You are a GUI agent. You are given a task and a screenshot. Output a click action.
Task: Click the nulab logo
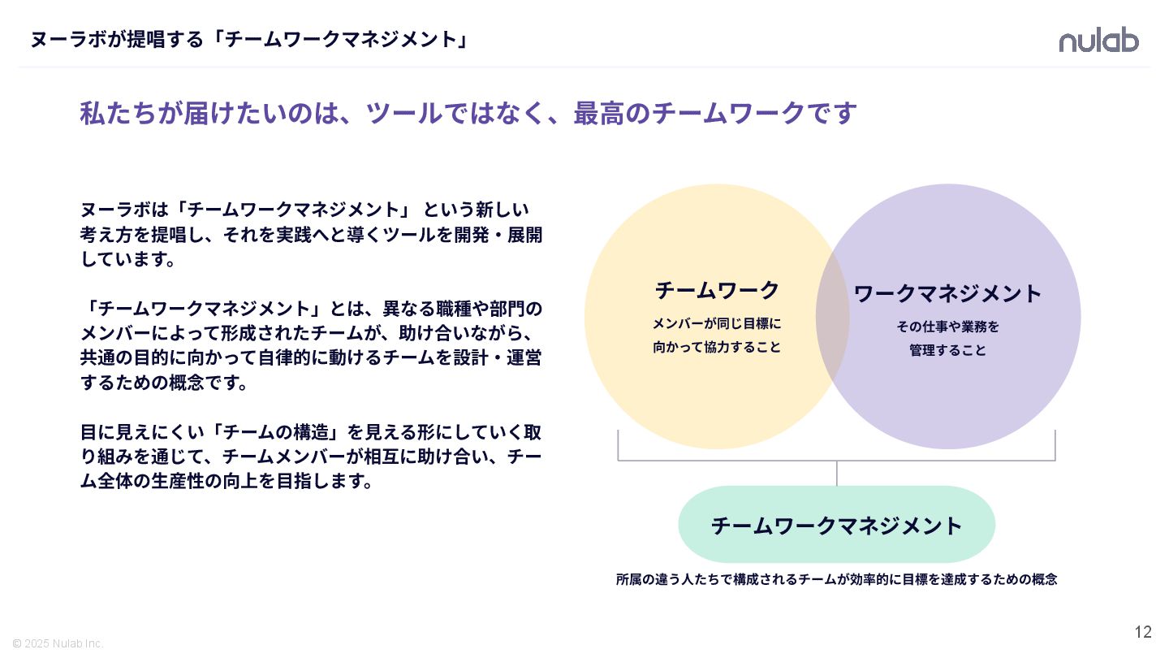[x=1098, y=40]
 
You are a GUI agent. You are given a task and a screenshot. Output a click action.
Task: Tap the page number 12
[x=1143, y=632]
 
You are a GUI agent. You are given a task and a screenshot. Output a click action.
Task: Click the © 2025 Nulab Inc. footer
[x=58, y=643]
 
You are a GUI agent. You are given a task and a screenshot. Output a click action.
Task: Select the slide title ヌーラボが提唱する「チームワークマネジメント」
[x=249, y=39]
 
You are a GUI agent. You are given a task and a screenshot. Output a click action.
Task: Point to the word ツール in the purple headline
[x=404, y=114]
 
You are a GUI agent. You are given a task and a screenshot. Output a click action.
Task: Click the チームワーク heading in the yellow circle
[x=717, y=290]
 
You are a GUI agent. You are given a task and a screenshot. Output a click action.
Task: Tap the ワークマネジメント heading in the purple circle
[x=947, y=293]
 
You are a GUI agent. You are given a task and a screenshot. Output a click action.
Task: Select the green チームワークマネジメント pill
[x=836, y=525]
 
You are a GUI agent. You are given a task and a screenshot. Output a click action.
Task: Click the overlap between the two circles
[x=833, y=317]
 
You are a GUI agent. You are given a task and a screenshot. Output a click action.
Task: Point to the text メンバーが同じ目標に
[x=717, y=323]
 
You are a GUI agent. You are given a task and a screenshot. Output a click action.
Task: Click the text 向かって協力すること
[x=717, y=347]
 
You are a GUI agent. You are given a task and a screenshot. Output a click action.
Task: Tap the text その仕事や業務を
[x=947, y=327]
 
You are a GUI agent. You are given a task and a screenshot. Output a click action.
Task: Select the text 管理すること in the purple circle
[x=947, y=350]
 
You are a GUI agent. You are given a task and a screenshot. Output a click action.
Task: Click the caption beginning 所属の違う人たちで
[x=836, y=579]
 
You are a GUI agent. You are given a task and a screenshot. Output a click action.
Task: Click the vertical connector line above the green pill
[x=836, y=474]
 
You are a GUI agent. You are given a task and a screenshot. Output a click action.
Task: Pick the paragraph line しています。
[x=128, y=260]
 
